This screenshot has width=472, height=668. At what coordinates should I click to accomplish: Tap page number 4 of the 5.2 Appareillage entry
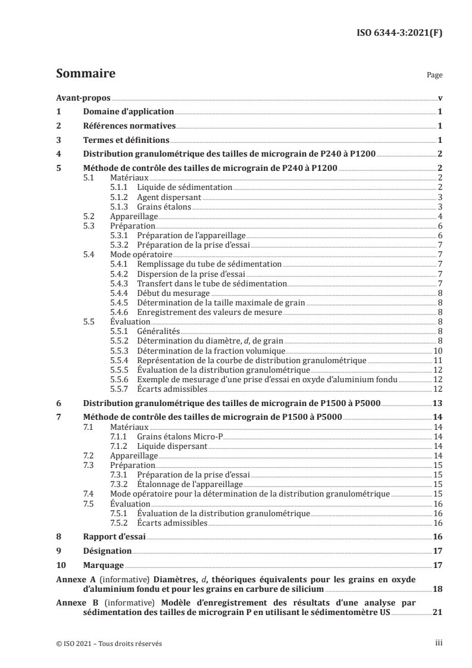(439, 216)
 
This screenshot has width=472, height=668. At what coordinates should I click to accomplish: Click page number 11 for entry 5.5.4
(437, 361)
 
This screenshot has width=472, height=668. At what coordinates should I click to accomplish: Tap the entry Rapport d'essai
(114, 536)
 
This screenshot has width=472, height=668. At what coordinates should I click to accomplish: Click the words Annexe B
(71, 603)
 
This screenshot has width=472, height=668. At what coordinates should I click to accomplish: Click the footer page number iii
(439, 644)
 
